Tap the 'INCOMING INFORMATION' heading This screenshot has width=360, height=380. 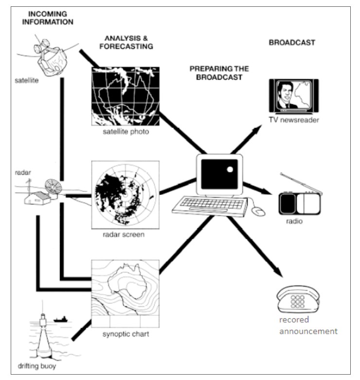coord(48,18)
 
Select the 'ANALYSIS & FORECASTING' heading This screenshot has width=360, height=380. coord(126,42)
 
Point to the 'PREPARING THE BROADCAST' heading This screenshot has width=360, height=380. coord(219,73)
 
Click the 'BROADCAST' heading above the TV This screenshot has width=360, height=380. coord(292,43)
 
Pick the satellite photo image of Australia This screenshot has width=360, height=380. coord(126,96)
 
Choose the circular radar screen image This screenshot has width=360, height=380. coord(126,195)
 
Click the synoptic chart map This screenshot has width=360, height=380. coord(126,294)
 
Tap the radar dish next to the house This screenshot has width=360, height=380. coord(54,187)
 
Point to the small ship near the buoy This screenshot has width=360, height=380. coord(60,319)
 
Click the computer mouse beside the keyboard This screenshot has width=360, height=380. coord(258,211)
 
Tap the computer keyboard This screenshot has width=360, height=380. coord(210,206)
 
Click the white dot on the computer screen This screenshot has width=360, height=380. coord(230,169)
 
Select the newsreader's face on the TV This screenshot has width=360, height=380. coord(285,92)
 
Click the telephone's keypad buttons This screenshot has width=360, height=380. coord(298,302)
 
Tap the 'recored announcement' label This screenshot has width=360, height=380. coord(308,326)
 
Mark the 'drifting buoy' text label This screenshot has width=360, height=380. coord(37,366)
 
